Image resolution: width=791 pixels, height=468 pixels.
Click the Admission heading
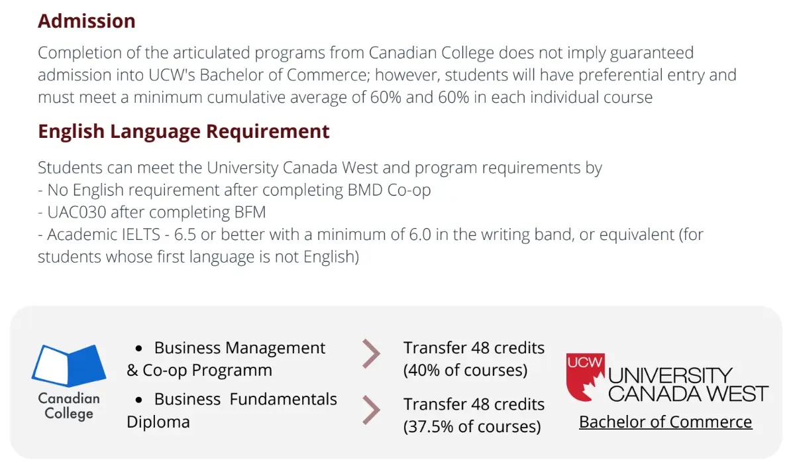[87, 21]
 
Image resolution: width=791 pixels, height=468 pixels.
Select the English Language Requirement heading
[184, 132]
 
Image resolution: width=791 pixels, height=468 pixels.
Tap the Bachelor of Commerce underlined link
[665, 422]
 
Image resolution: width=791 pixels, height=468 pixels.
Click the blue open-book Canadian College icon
[69, 365]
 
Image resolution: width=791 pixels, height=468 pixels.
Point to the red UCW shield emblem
[585, 377]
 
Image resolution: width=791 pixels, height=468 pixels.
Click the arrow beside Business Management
[371, 354]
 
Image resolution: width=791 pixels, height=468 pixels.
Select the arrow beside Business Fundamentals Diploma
[371, 410]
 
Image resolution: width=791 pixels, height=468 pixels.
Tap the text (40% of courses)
[465, 371]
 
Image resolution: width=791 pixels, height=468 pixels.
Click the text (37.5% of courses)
[472, 427]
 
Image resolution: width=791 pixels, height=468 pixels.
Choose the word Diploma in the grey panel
[158, 422]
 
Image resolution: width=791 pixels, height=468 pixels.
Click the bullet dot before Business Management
[138, 349]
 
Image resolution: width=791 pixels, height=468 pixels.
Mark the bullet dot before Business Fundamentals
[138, 400]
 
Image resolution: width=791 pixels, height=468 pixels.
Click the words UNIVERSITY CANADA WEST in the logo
[688, 384]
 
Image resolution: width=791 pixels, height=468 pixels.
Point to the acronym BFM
[250, 213]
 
